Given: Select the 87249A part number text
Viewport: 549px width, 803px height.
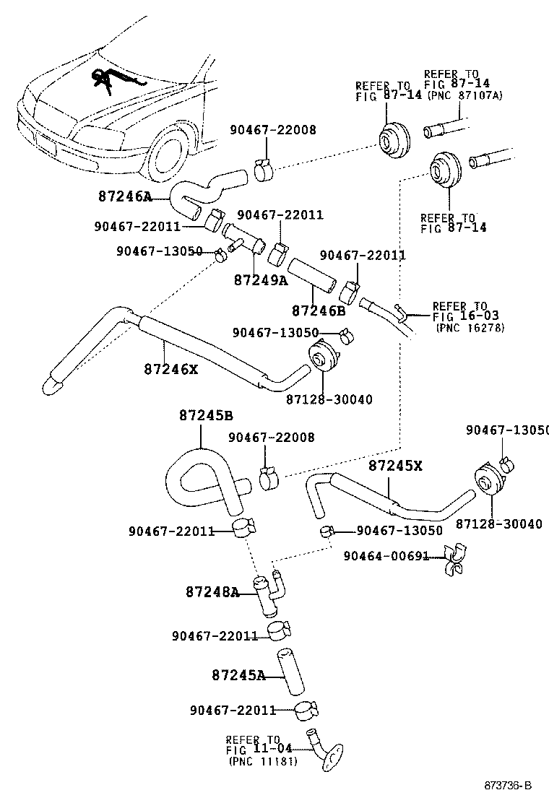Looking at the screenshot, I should pos(260,279).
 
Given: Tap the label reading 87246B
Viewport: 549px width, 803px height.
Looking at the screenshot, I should pos(318,311).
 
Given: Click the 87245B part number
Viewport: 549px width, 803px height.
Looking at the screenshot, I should pos(206,415).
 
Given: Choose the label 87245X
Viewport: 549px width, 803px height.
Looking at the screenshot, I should pos(395,466).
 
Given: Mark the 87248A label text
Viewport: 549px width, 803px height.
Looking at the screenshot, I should pos(212,591).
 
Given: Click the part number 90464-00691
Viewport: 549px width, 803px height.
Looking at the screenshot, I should pos(386,556).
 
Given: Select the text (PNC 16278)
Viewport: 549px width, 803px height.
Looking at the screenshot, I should pos(470,327).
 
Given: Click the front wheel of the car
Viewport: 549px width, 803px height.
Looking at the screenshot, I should pos(172,155).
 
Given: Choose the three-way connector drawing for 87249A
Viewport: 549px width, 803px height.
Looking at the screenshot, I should pos(242,241).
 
